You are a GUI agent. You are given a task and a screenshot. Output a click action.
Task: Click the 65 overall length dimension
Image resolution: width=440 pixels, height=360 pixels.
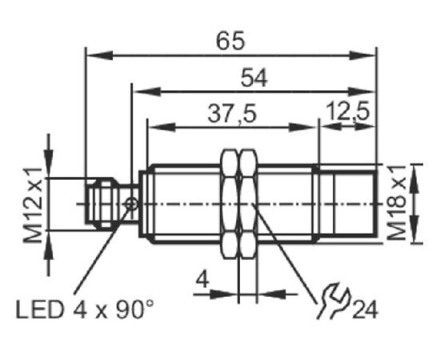click(230, 41)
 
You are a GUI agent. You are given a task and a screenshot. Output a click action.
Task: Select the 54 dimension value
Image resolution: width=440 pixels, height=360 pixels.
click(254, 78)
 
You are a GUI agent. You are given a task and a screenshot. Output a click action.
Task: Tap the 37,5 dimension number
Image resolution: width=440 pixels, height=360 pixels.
click(232, 114)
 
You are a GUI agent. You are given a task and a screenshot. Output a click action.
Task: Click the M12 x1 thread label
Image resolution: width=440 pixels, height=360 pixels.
click(33, 205)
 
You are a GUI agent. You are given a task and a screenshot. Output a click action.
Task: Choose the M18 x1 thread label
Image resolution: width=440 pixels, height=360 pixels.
click(396, 202)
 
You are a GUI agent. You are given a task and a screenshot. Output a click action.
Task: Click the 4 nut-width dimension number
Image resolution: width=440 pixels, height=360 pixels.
click(203, 280)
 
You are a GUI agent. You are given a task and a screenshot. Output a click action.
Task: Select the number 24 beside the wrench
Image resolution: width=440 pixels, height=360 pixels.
click(365, 310)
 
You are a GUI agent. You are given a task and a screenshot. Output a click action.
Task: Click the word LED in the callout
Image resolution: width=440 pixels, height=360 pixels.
click(40, 310)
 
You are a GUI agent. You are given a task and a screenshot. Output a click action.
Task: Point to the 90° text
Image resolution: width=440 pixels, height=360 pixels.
click(134, 309)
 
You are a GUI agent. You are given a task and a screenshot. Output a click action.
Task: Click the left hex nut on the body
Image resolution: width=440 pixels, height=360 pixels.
click(230, 204)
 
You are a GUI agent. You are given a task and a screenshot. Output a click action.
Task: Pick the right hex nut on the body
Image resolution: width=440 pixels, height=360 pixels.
click(248, 204)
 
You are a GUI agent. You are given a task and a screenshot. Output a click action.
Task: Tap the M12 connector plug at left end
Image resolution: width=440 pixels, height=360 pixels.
click(101, 202)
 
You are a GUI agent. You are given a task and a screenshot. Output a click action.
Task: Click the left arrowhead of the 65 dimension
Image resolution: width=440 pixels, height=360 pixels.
click(99, 55)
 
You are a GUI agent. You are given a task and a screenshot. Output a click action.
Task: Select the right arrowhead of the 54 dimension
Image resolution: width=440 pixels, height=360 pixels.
click(362, 91)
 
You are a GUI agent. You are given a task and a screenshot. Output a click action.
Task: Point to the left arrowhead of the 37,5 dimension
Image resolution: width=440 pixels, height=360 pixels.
click(162, 127)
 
